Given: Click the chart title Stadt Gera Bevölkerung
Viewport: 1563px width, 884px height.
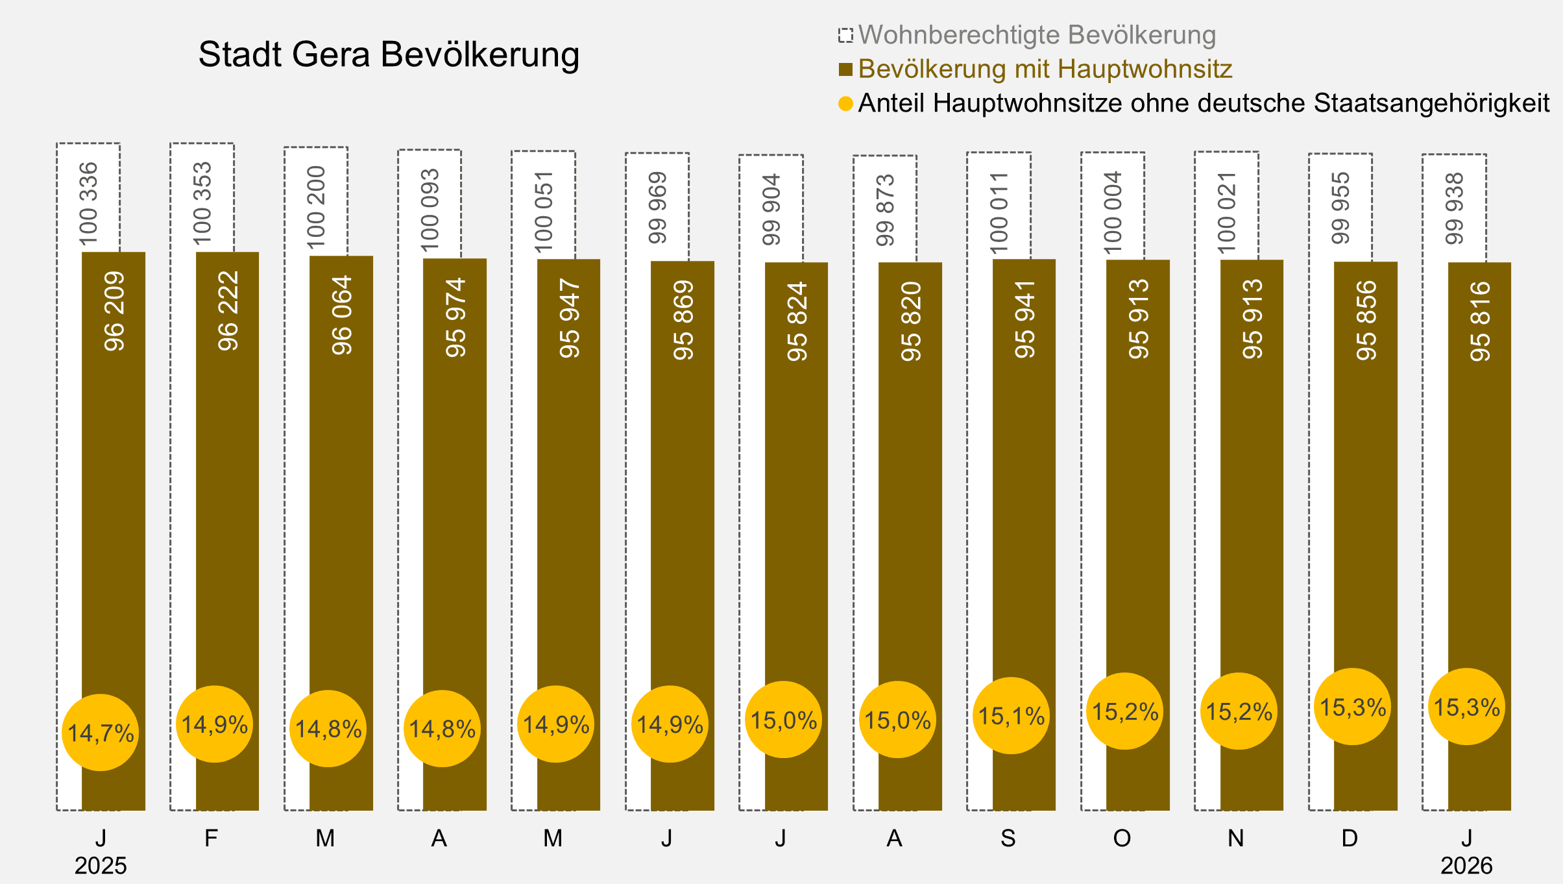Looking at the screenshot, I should click(389, 55).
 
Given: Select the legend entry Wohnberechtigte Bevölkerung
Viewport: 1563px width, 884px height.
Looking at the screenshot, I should click(1036, 35).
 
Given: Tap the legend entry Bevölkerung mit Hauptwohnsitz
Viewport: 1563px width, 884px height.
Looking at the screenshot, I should click(1045, 69).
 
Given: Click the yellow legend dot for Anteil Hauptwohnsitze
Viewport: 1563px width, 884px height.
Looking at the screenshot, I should click(845, 104).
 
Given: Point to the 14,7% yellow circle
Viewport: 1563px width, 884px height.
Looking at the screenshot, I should click(101, 733).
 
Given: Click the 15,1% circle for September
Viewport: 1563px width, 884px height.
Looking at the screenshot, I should click(1011, 716).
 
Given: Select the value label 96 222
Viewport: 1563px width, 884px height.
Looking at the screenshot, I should click(228, 311).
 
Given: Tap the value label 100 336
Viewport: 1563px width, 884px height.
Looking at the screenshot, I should click(88, 204).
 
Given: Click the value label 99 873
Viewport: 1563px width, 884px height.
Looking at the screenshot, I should click(885, 210).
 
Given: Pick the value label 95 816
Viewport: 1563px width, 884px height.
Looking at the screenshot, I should click(1480, 321).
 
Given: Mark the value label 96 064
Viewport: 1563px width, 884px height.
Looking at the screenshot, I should click(342, 315).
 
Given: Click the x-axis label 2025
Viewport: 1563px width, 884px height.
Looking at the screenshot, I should click(101, 866).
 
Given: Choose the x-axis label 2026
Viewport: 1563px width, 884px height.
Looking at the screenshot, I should click(1466, 866).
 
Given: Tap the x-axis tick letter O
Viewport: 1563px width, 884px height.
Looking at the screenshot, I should click(1122, 839).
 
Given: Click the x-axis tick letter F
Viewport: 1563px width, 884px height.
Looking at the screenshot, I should click(211, 839).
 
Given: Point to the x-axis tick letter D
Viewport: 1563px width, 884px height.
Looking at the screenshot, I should click(1350, 839).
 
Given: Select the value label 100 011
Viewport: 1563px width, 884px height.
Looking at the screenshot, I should click(999, 213).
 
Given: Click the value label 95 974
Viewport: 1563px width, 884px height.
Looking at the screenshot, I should click(455, 317).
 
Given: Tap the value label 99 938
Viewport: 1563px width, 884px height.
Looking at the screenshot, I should click(1455, 208).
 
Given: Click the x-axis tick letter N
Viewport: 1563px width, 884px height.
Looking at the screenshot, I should click(1236, 839).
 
